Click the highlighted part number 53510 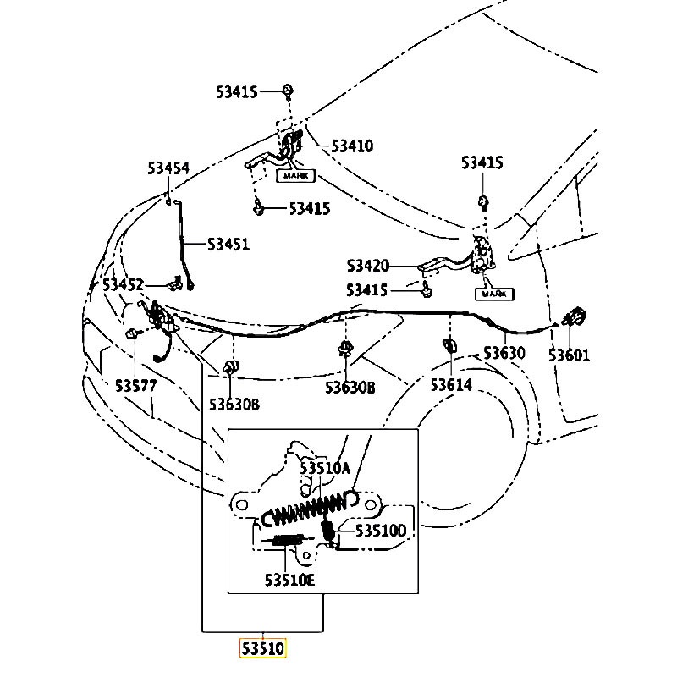(263, 648)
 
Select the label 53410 (352, 146)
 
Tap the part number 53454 (168, 168)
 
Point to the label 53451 (228, 244)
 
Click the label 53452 (123, 284)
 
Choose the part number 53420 (368, 266)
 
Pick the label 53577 (136, 385)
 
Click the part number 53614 (451, 384)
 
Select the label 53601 (569, 355)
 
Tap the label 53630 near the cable (504, 353)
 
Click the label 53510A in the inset (325, 468)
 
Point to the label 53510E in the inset (289, 580)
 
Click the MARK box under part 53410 (295, 175)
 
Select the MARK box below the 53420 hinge (494, 294)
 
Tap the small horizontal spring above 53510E (286, 540)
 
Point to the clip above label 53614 (450, 345)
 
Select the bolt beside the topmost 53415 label (288, 91)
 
